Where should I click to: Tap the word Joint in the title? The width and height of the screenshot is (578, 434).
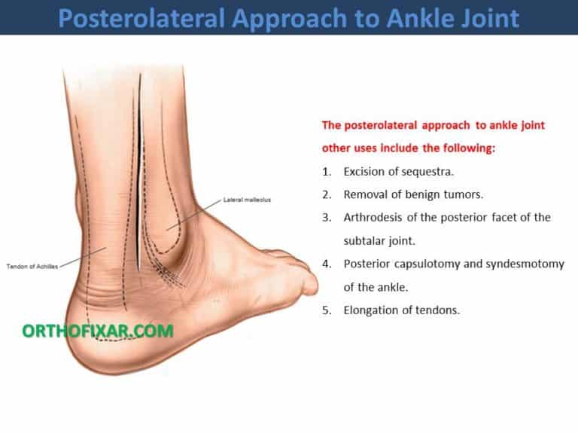(482, 17)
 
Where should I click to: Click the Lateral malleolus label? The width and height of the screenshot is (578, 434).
(247, 200)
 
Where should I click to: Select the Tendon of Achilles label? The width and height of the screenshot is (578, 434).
(31, 266)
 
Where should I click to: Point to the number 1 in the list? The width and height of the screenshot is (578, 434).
(326, 172)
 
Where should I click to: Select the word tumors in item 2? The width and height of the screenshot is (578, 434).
(461, 194)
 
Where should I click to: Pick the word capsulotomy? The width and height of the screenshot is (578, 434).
(425, 264)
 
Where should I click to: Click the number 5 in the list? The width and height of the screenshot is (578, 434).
(326, 310)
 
